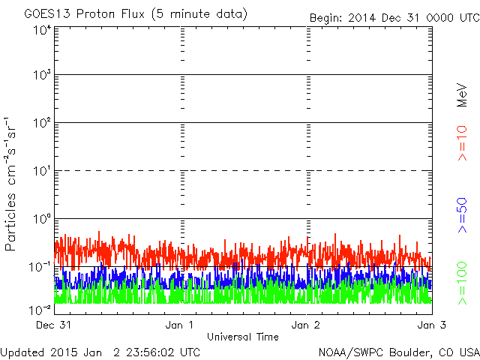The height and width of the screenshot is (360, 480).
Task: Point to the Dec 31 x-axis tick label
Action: (53, 325)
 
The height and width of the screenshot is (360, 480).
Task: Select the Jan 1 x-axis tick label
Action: (180, 325)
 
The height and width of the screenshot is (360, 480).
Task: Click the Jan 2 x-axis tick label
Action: (306, 325)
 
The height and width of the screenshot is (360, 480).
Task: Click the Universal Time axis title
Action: (243, 337)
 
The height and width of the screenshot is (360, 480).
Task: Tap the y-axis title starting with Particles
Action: (12, 183)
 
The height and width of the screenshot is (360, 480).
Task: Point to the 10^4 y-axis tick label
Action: (42, 31)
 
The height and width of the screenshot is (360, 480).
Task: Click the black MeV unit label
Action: (463, 94)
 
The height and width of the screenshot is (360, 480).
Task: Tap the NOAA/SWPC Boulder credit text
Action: (398, 352)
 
